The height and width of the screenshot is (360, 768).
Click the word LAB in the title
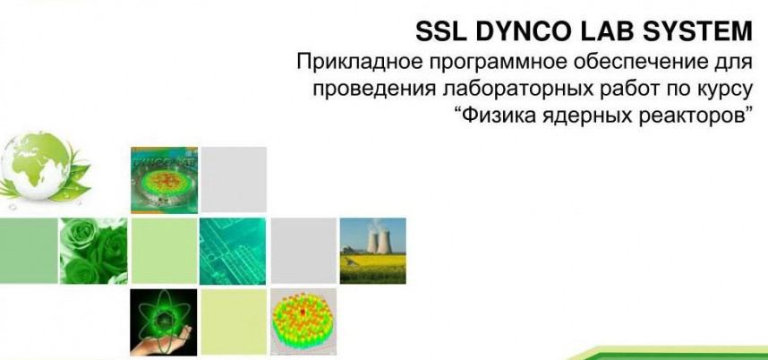pyautogui.click(x=612, y=32)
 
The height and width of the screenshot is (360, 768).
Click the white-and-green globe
pyautogui.click(x=37, y=167)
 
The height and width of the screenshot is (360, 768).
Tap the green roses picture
pyautogui.click(x=94, y=251)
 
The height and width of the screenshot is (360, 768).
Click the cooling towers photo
pyautogui.click(x=372, y=251)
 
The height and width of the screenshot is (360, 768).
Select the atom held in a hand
pyautogui.click(x=164, y=321)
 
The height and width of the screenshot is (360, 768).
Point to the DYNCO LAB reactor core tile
pyautogui.click(x=164, y=180)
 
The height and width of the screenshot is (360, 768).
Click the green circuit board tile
pyautogui.click(x=233, y=251)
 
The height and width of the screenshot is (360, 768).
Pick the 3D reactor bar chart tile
pyautogui.click(x=303, y=321)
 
